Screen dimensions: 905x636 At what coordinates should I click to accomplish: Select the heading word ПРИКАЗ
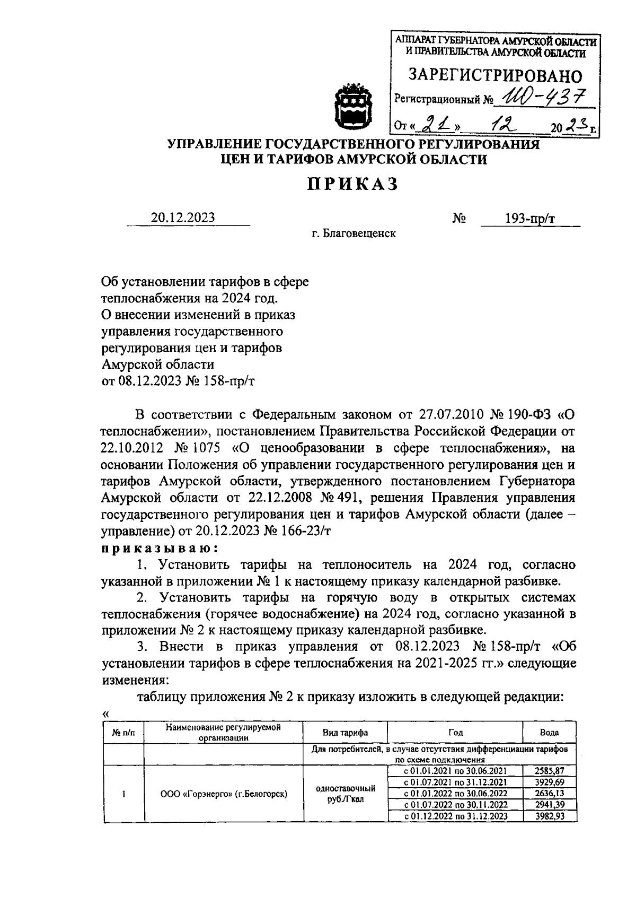coord(353,184)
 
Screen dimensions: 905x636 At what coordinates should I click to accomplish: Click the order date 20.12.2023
coord(183,217)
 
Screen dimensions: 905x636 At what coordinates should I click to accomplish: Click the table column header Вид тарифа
coord(345,733)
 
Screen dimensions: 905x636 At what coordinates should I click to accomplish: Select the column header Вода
coord(549,733)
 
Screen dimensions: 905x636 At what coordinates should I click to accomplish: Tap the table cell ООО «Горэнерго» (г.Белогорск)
coord(224,794)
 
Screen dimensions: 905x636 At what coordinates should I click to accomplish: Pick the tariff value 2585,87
coord(549,770)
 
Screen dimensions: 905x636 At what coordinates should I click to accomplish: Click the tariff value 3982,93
coord(549,816)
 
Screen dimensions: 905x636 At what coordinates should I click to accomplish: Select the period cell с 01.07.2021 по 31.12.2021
coord(455,782)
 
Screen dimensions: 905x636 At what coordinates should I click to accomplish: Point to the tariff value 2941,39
coord(549,805)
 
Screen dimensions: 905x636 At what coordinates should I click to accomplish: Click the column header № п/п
coord(123,733)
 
